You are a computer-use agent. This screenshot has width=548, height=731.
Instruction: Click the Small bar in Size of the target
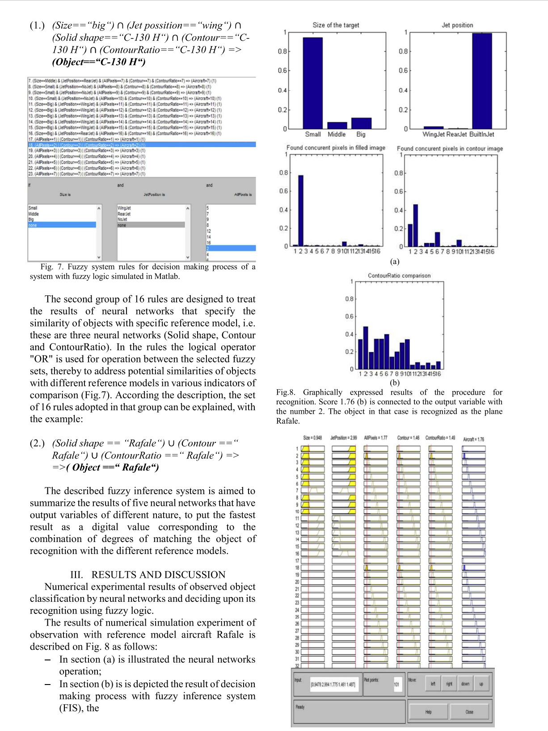pyautogui.click(x=312, y=83)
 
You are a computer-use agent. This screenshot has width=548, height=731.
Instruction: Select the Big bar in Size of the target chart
pyautogui.click(x=361, y=123)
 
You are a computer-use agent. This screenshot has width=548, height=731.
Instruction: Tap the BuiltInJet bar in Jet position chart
pyautogui.click(x=482, y=81)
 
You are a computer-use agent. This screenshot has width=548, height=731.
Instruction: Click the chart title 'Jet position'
pyautogui.click(x=457, y=25)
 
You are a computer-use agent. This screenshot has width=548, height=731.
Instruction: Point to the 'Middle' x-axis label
pyautogui.click(x=337, y=134)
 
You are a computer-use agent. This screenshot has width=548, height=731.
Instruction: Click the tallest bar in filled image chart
pyautogui.click(x=301, y=210)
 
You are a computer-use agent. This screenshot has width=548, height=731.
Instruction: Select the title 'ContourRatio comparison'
pyautogui.click(x=399, y=276)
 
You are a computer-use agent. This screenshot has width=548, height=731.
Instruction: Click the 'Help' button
pyautogui.click(x=428, y=712)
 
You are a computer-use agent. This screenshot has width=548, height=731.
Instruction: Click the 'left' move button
pyautogui.click(x=433, y=684)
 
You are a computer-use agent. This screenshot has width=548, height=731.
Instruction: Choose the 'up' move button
pyautogui.click(x=481, y=684)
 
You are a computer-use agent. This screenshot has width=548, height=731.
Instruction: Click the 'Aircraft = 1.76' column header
pyautogui.click(x=473, y=439)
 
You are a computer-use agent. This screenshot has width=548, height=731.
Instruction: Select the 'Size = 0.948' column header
pyautogui.click(x=312, y=438)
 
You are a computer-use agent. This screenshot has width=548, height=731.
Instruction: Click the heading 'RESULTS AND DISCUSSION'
pyautogui.click(x=158, y=575)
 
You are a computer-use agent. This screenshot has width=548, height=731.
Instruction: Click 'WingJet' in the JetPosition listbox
pyautogui.click(x=124, y=208)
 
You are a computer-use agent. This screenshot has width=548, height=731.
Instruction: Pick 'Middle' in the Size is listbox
pyautogui.click(x=34, y=214)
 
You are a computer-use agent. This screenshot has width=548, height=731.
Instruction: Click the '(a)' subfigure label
pyautogui.click(x=394, y=261)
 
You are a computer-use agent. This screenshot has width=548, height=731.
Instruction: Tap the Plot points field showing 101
pyautogui.click(x=396, y=684)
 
